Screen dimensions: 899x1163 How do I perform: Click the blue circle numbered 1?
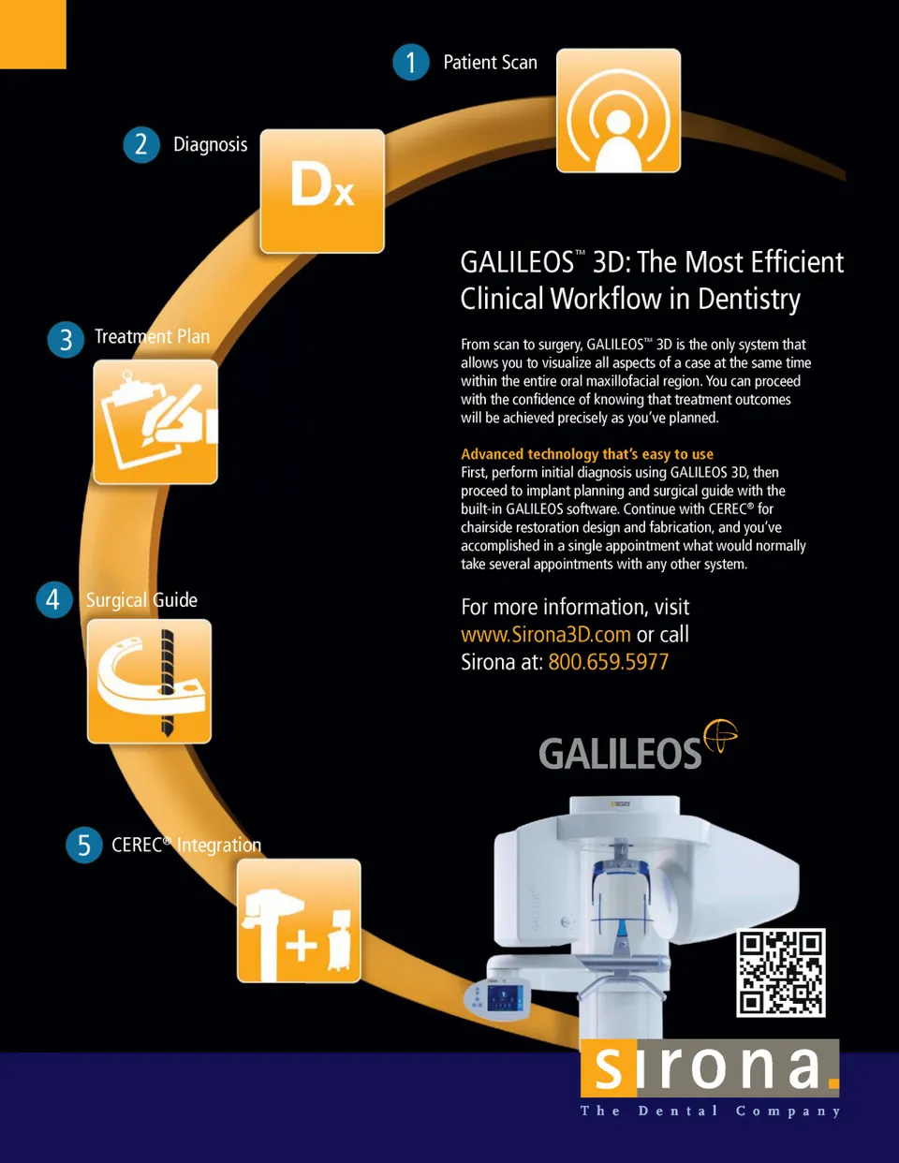(410, 62)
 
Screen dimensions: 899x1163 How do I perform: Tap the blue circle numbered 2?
(141, 144)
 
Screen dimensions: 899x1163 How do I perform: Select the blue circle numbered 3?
(66, 339)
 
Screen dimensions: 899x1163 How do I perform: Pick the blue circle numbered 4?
(54, 600)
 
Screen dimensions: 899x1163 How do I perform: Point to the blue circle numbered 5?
(84, 845)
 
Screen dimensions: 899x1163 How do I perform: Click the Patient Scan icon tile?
(619, 110)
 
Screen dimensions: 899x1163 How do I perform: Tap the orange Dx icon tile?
(322, 191)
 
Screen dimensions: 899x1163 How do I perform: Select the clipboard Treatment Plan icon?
(155, 421)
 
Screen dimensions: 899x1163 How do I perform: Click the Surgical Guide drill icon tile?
(149, 682)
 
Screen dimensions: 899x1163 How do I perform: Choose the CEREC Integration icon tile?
(299, 920)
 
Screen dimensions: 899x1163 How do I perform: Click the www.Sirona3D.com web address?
(546, 635)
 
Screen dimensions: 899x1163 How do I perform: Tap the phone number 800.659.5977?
(609, 662)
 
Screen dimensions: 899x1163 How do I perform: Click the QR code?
(781, 973)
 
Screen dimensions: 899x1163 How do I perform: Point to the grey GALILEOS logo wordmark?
(620, 753)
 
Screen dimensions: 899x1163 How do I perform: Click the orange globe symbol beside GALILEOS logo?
(721, 736)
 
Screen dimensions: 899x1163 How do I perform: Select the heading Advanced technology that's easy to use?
(587, 454)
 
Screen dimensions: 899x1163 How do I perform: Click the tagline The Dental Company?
(710, 1111)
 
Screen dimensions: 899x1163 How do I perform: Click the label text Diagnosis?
(211, 144)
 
